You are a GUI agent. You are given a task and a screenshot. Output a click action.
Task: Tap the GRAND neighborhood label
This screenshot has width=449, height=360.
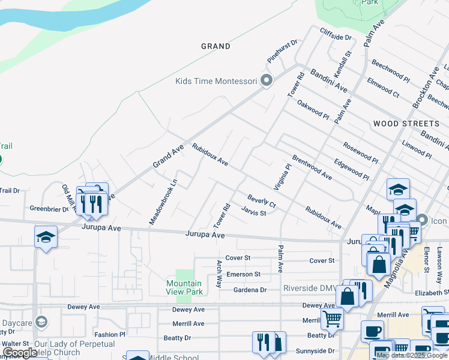[215, 46]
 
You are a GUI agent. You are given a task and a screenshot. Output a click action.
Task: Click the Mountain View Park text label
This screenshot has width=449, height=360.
[184, 287]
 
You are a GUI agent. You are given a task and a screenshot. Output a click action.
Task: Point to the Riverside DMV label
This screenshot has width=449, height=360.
[310, 289]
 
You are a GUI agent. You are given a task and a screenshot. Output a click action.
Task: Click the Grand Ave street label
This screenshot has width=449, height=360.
[167, 155]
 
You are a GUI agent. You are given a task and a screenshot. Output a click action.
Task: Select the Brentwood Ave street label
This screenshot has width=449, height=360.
[312, 167]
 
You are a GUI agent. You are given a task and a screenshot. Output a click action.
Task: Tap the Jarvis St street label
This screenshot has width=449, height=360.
[253, 211]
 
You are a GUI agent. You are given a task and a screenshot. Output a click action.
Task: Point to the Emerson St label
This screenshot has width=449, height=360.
[243, 274]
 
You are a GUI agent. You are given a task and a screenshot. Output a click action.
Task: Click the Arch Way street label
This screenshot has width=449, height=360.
[220, 274]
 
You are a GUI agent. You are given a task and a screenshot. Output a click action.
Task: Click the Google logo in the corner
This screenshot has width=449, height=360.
[20, 353]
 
